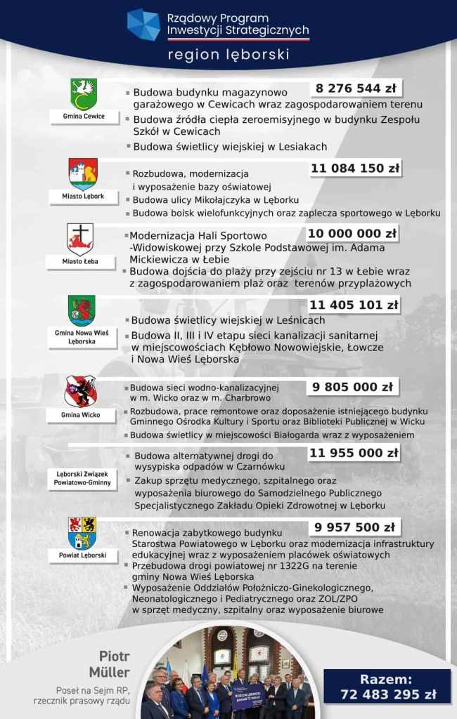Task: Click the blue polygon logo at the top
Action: (143, 25)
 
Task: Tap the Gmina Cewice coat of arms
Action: (83, 94)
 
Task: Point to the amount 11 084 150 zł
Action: (355, 169)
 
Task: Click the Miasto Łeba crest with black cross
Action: (80, 239)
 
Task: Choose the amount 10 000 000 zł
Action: (352, 234)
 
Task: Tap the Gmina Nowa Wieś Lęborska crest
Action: (82, 310)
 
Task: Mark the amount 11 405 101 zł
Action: (354, 305)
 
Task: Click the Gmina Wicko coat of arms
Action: (80, 391)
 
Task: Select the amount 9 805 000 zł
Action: (352, 387)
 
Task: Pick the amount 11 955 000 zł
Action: (354, 454)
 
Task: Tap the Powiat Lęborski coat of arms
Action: (82, 534)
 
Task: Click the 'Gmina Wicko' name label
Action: (80, 415)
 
